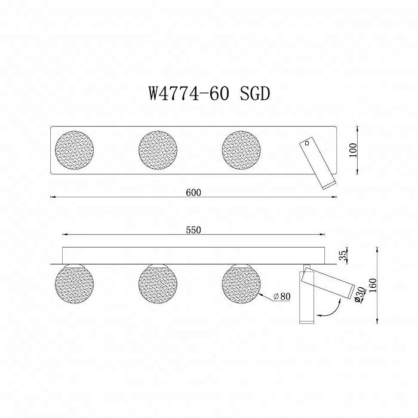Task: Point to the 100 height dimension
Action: (x=353, y=150)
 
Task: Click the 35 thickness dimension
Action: (x=342, y=255)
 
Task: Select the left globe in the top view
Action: (x=75, y=150)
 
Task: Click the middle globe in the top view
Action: (x=158, y=150)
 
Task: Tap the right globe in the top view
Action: (x=241, y=150)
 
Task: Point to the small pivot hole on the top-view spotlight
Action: (x=306, y=143)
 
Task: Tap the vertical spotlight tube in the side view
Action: (x=305, y=305)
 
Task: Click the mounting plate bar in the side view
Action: (x=195, y=254)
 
